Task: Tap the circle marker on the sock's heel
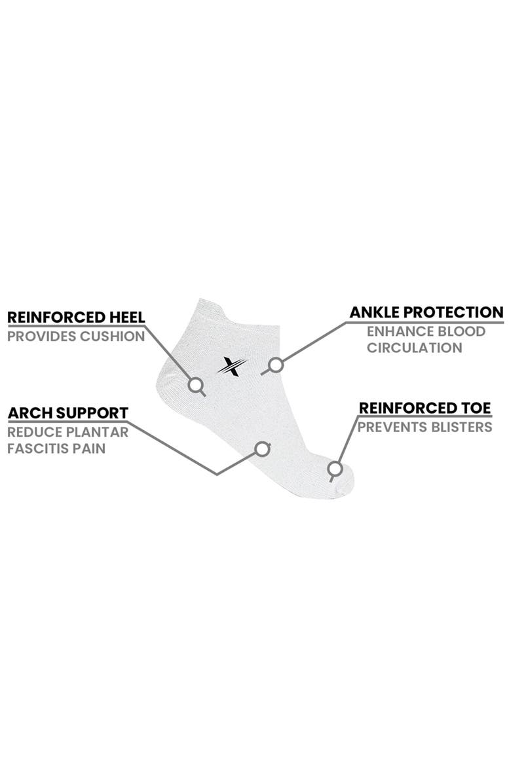coord(195,385)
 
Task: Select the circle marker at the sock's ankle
coord(276,365)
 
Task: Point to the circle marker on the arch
coord(263,448)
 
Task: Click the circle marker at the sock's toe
coord(335,469)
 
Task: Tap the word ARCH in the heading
coord(30,414)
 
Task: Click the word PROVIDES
coord(41,337)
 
